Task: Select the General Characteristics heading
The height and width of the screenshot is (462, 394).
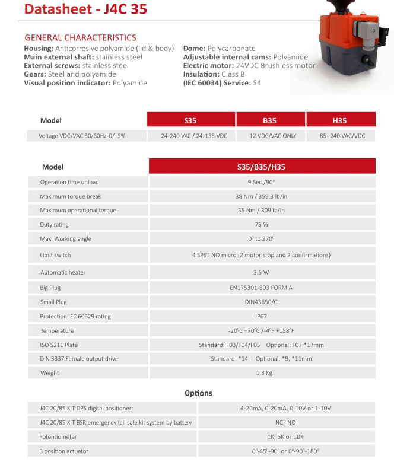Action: tap(80, 38)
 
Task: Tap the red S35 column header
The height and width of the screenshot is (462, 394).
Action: tap(190, 120)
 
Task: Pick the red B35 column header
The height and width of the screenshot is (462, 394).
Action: tap(269, 120)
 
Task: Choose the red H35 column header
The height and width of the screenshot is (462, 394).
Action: tap(339, 120)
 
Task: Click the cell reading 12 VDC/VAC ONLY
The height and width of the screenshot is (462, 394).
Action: tap(269, 136)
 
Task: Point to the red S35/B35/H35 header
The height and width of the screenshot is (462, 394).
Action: tap(262, 167)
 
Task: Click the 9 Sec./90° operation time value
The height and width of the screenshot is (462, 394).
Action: tap(262, 182)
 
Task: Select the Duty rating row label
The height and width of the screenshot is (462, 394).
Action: tap(55, 225)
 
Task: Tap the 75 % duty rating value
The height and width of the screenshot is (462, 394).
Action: tap(262, 225)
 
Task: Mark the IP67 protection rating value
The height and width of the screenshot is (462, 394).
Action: tap(262, 316)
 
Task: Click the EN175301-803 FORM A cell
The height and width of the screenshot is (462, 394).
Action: tap(262, 288)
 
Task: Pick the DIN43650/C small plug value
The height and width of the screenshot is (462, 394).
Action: tap(262, 302)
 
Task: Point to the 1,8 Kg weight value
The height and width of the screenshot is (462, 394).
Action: tap(262, 373)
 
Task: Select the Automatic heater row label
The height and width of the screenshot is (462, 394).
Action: tap(63, 272)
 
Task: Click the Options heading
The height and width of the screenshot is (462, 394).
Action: tap(198, 393)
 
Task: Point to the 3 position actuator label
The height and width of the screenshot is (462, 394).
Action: tap(64, 451)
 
